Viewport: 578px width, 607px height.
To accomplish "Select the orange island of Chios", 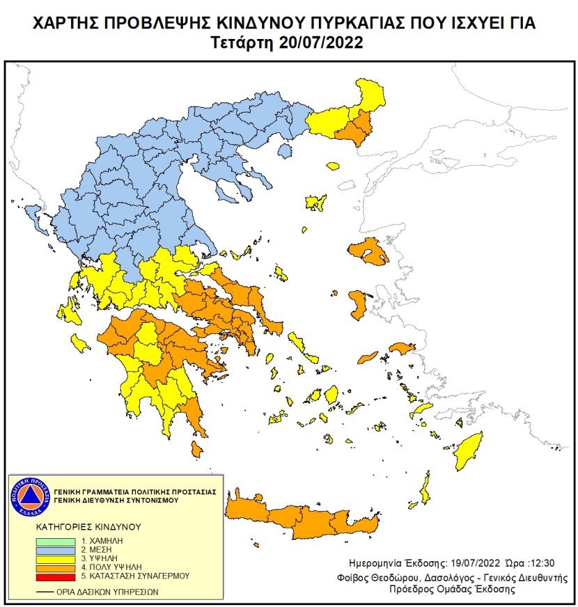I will coord(359,304).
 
